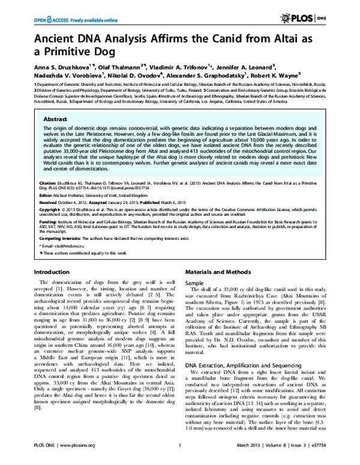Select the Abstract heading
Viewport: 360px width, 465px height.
[x=55, y=119]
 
